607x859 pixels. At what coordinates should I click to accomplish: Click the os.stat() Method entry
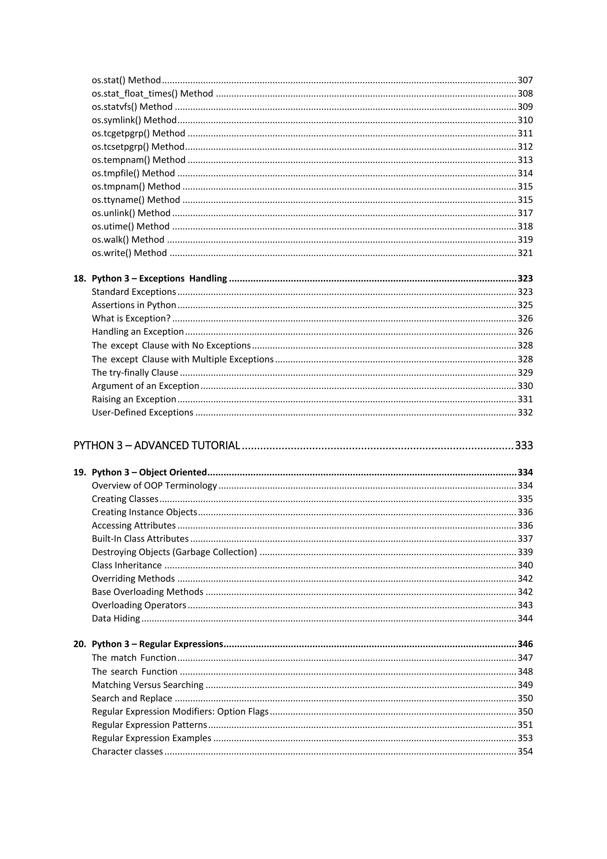(126, 80)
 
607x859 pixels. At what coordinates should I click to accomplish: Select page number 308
(525, 93)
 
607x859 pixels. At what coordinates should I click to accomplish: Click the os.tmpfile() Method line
(133, 173)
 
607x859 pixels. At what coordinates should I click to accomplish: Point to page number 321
(525, 253)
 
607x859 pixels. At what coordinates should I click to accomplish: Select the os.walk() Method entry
(128, 239)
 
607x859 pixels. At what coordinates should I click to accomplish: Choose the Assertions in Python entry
(134, 305)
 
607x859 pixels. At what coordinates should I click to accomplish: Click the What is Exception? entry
(131, 318)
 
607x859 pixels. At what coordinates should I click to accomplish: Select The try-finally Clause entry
(135, 373)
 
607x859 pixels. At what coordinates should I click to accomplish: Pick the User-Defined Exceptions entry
(142, 412)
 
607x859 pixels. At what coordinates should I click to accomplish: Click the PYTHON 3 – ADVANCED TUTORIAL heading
(156, 445)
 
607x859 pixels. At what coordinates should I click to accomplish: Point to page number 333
(524, 445)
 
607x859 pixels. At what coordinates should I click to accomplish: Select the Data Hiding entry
(116, 618)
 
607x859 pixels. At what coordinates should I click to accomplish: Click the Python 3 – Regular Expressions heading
(157, 644)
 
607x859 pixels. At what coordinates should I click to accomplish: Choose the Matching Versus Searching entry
(148, 685)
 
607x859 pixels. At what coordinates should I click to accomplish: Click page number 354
(525, 751)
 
